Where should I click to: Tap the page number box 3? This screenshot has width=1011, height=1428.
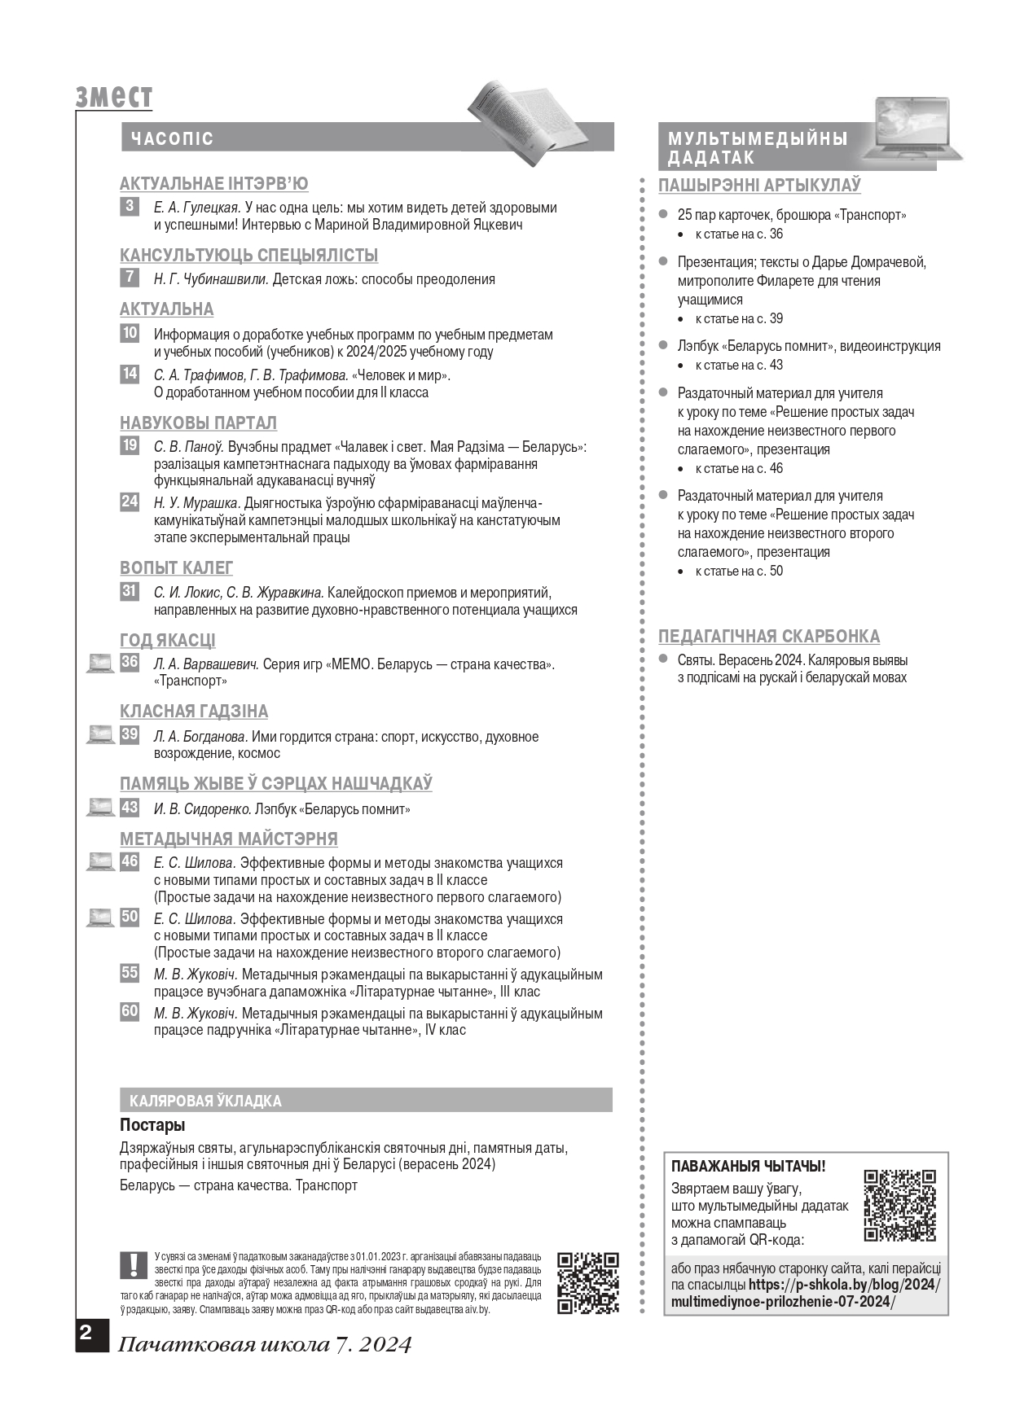coord(130,207)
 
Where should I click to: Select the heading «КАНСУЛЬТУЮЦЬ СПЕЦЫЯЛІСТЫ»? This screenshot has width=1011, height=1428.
coord(248,255)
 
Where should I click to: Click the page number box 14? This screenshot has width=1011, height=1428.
coord(130,375)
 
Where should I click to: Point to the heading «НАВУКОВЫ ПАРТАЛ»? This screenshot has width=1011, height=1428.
coord(198,423)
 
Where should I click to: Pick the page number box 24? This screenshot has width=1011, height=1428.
coord(130,502)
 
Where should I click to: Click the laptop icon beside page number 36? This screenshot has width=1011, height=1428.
coord(100,664)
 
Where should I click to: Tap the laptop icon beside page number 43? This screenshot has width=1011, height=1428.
coord(100,808)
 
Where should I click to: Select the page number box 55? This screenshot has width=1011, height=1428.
coord(130,973)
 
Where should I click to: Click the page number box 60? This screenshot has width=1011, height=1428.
coord(130,1011)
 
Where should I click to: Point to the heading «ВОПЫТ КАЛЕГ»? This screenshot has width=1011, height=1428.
coord(176,567)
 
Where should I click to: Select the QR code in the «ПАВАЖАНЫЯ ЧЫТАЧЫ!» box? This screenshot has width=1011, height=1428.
coord(899,1205)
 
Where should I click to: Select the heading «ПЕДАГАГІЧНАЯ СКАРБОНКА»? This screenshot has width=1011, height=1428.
coord(769,636)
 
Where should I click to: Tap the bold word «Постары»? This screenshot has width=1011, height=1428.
coord(152,1125)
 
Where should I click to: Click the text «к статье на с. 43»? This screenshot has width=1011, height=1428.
coord(739,365)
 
